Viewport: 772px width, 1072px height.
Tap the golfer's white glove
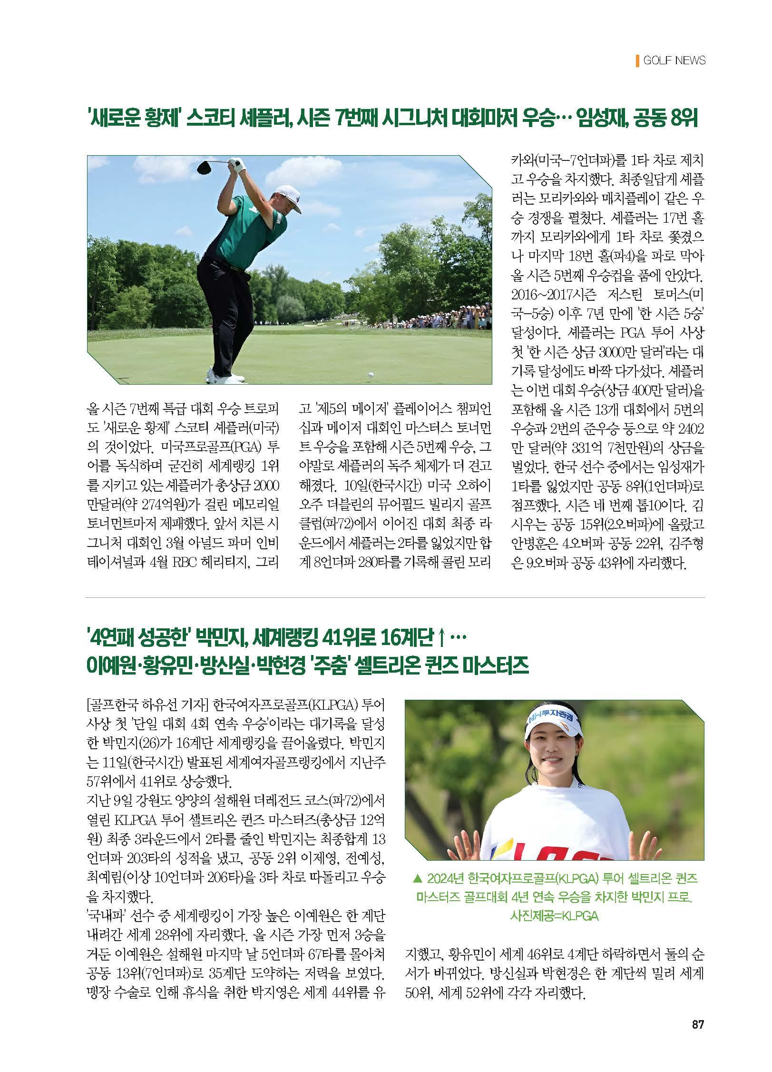tap(238, 164)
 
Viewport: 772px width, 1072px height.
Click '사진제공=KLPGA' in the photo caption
tap(554, 916)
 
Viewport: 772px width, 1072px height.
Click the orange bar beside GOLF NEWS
tap(637, 60)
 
